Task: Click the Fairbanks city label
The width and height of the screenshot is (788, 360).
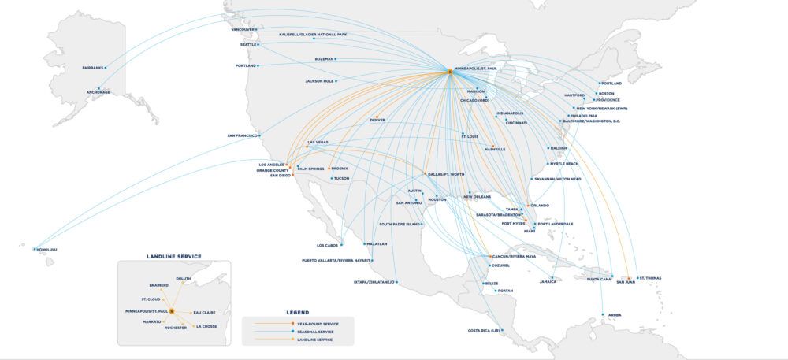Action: click(92, 68)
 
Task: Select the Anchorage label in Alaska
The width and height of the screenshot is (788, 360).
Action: click(98, 92)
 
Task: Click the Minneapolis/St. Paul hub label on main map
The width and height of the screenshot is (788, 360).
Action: click(476, 69)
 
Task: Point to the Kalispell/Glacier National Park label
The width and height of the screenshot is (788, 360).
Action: click(313, 35)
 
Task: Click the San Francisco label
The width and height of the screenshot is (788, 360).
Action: click(243, 135)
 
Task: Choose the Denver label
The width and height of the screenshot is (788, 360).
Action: click(377, 120)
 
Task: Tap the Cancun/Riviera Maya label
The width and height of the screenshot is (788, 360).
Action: click(514, 256)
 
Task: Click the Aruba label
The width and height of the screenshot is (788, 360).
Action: click(615, 315)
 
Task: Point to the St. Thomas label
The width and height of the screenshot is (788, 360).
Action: click(650, 278)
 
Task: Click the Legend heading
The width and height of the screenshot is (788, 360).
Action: click(297, 313)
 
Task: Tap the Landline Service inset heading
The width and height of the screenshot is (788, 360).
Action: click(174, 256)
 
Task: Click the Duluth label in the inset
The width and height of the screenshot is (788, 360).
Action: click(183, 278)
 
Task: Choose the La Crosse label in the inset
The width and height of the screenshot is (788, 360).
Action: click(206, 326)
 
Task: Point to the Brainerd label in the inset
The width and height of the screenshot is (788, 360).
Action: click(158, 285)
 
